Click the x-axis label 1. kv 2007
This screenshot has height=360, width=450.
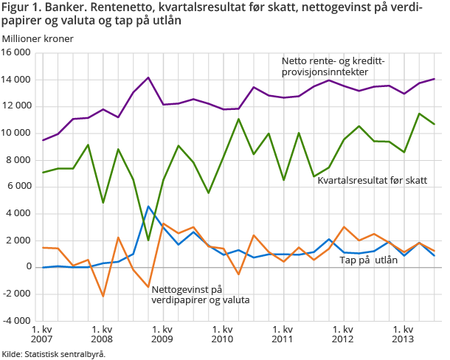(x=42, y=335)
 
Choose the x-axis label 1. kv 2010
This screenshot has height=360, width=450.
(x=223, y=335)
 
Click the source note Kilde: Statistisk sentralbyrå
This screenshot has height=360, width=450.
(x=53, y=354)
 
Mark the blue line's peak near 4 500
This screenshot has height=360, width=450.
(x=148, y=207)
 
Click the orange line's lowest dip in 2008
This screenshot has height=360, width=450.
(x=103, y=296)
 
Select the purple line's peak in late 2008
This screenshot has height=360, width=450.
(x=148, y=77)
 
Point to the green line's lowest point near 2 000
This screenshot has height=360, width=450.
(x=148, y=240)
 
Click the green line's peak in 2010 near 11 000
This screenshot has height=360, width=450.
(x=238, y=119)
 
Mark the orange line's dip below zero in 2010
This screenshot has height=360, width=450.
(x=238, y=274)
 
